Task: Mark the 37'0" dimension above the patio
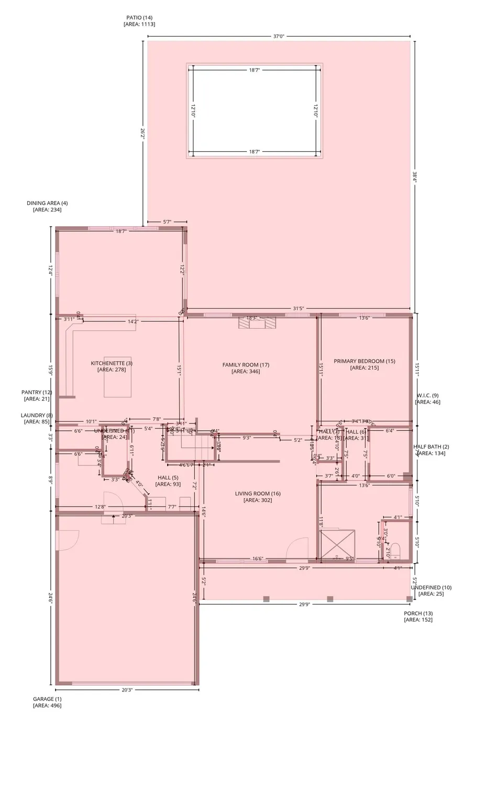[279, 37]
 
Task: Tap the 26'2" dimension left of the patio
[142, 133]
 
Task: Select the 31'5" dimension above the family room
[298, 309]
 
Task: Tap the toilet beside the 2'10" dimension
[395, 550]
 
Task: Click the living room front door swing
[297, 548]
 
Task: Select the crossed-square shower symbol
[338, 545]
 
